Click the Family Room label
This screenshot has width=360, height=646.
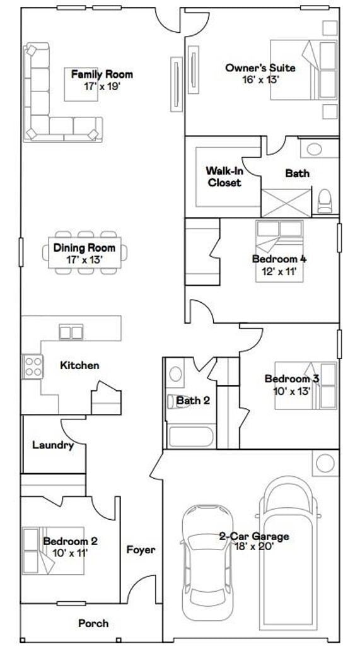(102, 74)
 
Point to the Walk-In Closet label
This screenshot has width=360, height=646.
(223, 177)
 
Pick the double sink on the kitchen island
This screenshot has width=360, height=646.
(71, 332)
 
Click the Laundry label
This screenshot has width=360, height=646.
(53, 445)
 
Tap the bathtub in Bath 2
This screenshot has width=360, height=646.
(192, 437)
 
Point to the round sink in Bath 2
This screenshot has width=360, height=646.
(176, 375)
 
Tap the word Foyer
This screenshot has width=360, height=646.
(141, 549)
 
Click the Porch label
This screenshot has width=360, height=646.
(93, 623)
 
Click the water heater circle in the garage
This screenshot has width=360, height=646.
(325, 464)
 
